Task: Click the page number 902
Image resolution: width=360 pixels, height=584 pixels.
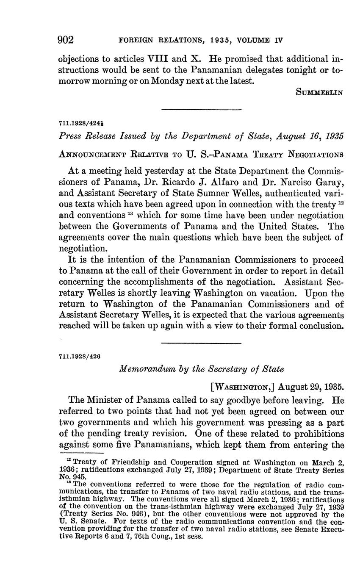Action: pos(66,40)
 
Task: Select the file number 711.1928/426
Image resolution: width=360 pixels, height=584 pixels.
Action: pos(79,357)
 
